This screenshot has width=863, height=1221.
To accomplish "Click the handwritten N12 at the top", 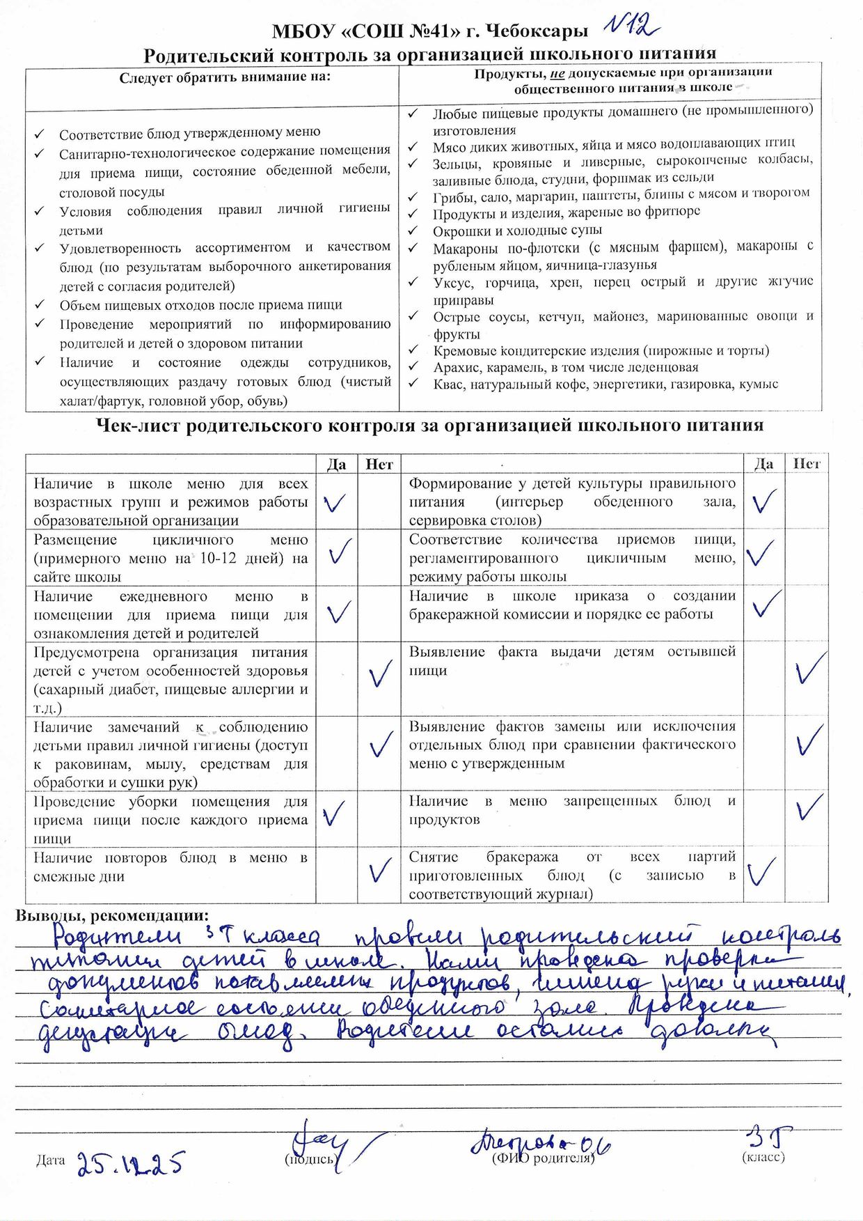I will [631, 26].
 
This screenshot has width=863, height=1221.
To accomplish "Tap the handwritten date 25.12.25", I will [130, 1162].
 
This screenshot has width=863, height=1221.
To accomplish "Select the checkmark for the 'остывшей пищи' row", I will [809, 667].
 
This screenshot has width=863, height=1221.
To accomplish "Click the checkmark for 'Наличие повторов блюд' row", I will [380, 869].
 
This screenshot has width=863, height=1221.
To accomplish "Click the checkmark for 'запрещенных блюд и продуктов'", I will [809, 808].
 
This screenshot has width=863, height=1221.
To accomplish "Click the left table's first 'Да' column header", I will [336, 464].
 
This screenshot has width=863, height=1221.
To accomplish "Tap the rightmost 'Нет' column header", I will [807, 463].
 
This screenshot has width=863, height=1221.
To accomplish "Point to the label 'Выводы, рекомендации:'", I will [112, 915].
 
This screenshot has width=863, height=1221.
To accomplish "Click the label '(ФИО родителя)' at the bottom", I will [543, 1158].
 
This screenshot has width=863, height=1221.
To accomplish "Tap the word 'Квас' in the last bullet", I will [449, 384].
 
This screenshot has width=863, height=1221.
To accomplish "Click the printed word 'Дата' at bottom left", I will [50, 1160].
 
